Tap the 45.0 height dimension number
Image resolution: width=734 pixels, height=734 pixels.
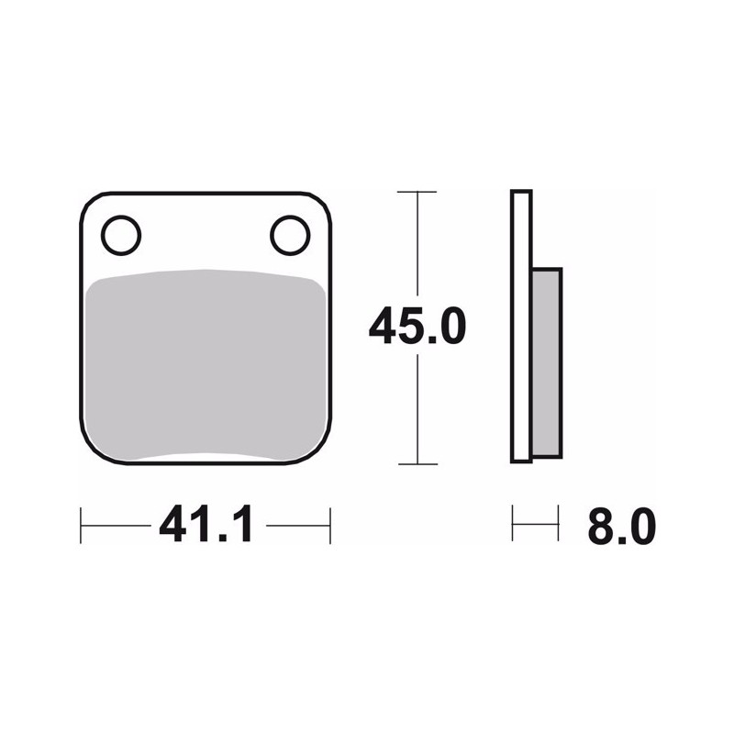[417, 326]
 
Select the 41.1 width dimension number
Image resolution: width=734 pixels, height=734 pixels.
[206, 523]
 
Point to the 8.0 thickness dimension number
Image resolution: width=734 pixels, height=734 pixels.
[622, 526]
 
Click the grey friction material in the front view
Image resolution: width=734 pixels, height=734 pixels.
[206, 365]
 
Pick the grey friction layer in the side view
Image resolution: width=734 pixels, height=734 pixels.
[547, 362]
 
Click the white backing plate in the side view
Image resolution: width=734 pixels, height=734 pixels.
[521, 327]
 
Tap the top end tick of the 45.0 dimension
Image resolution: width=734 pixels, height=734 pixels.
[417, 192]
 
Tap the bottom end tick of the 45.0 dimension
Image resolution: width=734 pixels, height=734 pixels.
[417, 464]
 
